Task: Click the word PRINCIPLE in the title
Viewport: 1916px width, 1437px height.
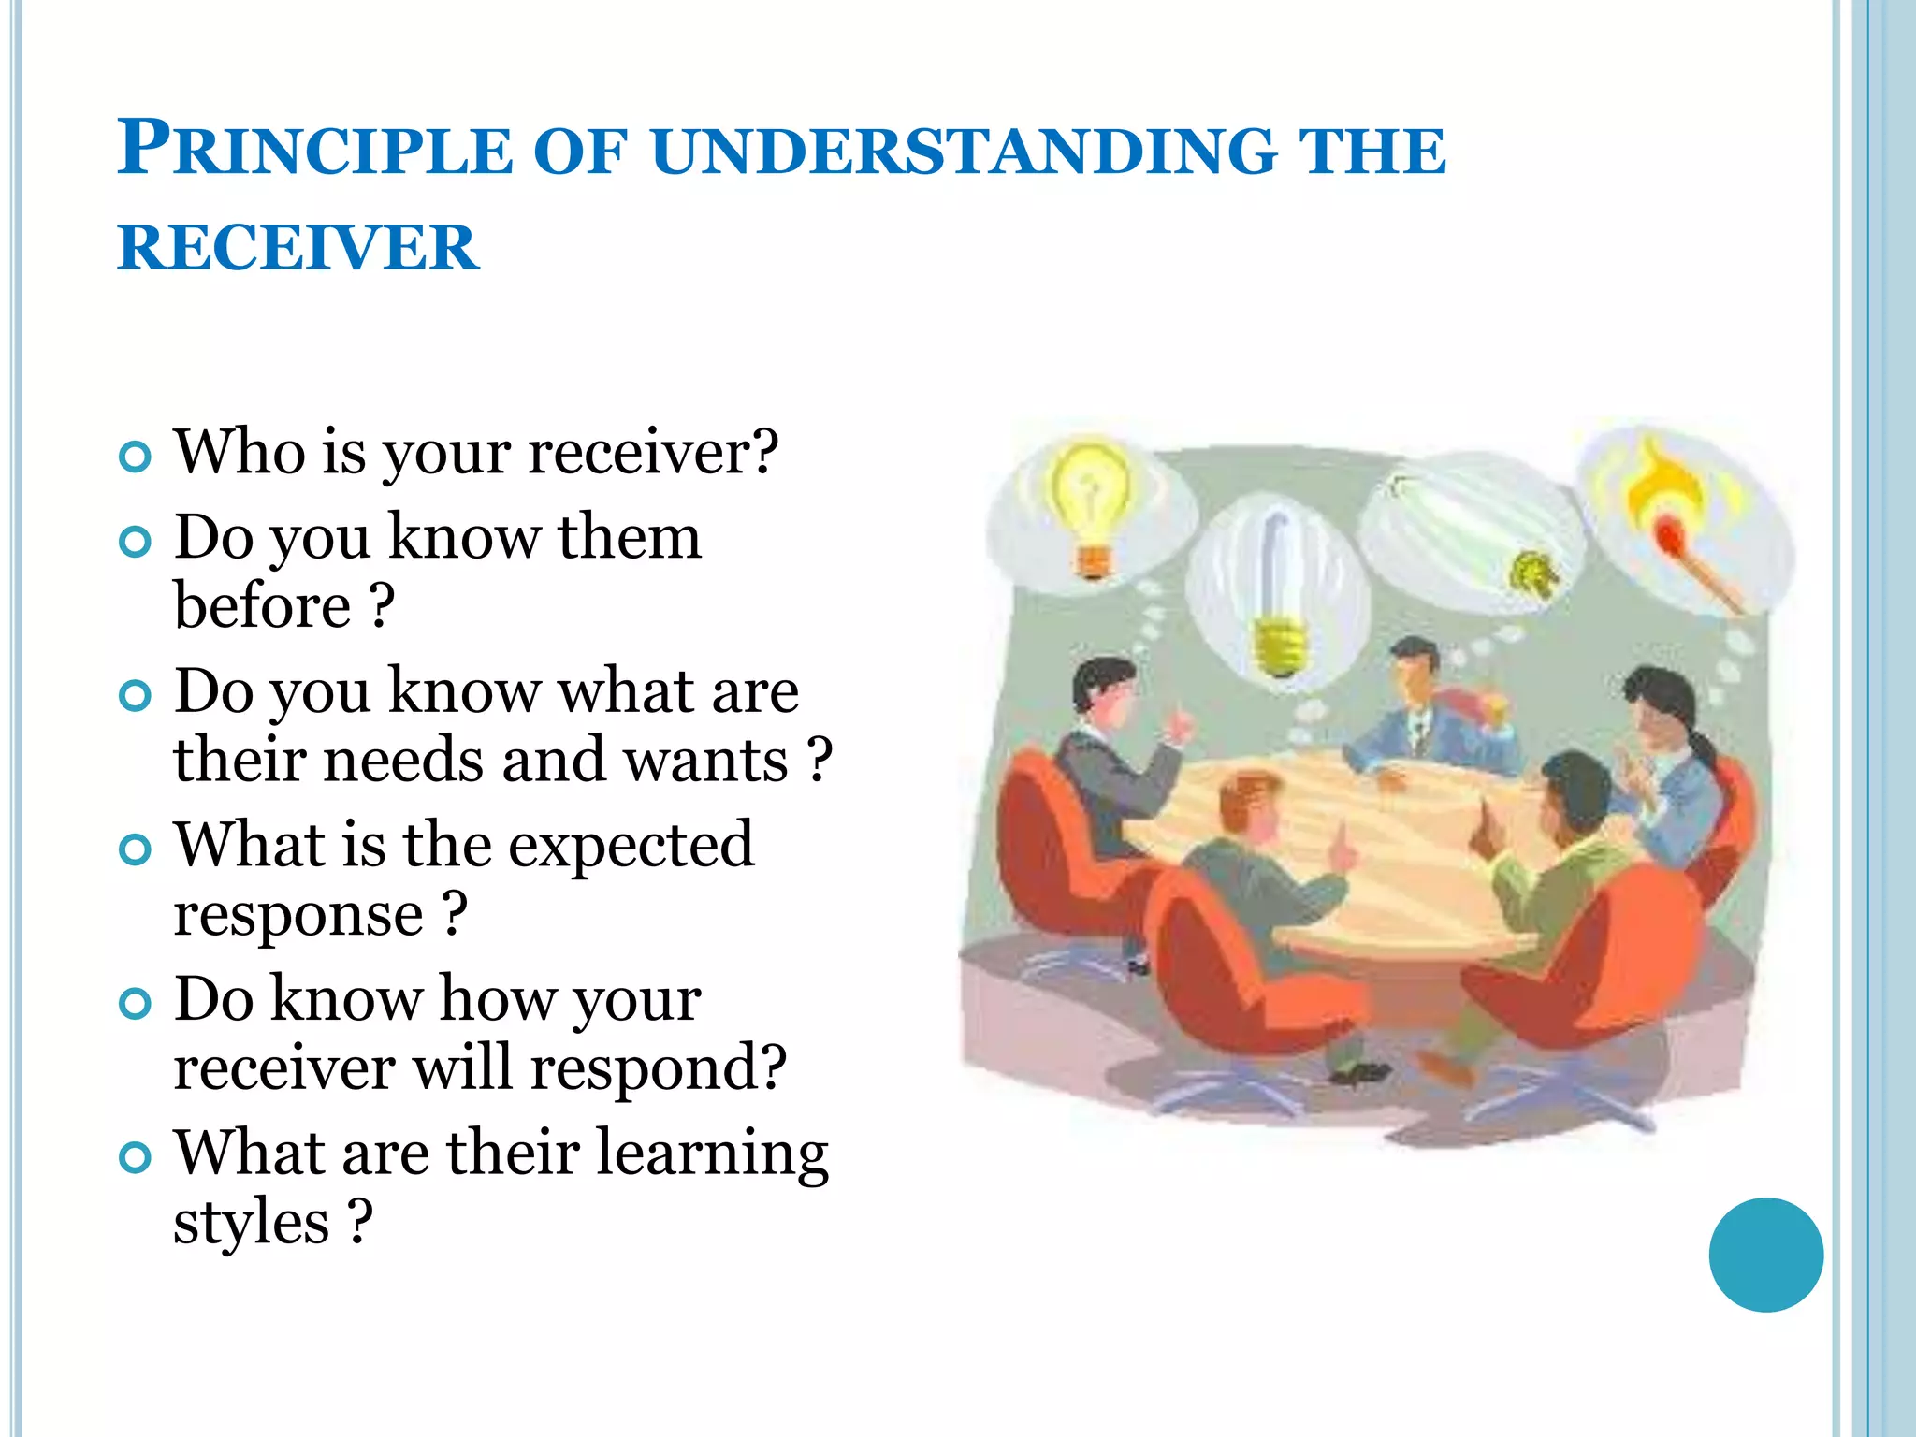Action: [x=314, y=150]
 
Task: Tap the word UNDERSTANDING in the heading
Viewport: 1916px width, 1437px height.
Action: [x=964, y=152]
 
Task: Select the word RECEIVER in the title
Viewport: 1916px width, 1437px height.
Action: [x=298, y=249]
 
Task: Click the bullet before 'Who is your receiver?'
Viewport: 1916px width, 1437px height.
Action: [x=136, y=457]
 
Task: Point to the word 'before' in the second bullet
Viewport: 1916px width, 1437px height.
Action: [x=263, y=606]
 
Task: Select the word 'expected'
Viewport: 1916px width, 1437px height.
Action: [x=631, y=845]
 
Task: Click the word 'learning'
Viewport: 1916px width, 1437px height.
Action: [x=712, y=1154]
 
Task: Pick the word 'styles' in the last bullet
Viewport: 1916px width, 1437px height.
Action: [x=251, y=1222]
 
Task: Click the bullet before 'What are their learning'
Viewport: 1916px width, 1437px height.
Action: [x=136, y=1157]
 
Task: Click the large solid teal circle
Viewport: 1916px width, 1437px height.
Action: [x=1765, y=1255]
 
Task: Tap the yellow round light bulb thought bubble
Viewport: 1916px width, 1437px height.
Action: [x=1091, y=505]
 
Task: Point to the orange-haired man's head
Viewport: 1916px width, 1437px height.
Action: [x=1250, y=805]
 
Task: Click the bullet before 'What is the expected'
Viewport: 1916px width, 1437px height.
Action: [x=136, y=849]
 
